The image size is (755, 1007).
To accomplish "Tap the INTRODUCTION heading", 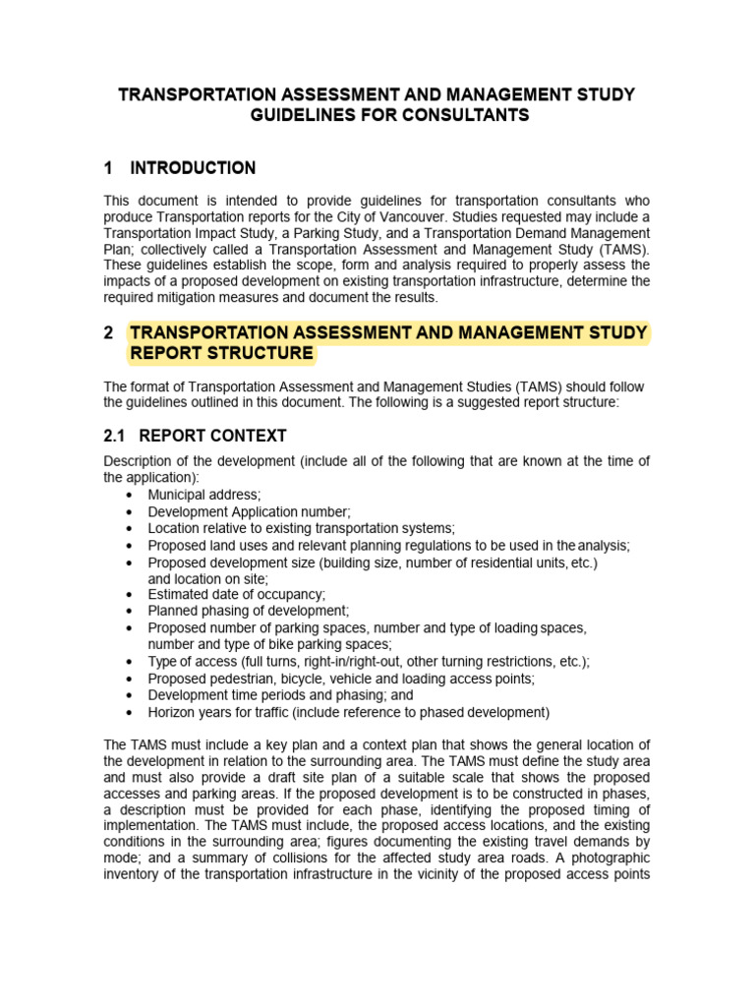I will click(193, 168).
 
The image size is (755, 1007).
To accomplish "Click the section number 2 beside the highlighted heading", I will click(109, 333).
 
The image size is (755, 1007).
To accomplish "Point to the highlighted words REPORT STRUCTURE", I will click(221, 353).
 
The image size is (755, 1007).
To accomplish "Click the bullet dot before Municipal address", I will click(130, 495).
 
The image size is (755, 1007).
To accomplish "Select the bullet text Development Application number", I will click(249, 511).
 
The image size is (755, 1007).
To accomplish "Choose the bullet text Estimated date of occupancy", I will click(236, 595).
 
